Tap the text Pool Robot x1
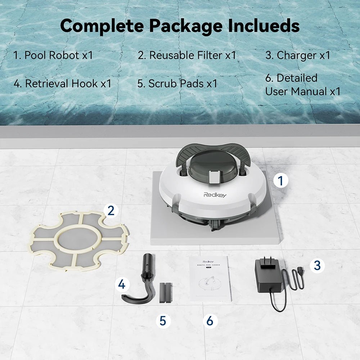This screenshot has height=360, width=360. point(53,55)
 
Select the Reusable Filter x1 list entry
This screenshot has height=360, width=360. point(187,55)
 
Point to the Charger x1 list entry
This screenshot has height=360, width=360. point(298,55)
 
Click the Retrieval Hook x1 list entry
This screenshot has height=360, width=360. point(62,84)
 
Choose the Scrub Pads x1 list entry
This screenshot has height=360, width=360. point(177,84)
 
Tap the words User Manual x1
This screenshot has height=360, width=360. point(302,91)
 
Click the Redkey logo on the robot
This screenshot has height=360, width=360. point(215,195)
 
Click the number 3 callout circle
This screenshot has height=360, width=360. point(317,265)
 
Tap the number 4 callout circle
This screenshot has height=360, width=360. point(122,285)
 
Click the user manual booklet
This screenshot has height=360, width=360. point(210,278)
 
